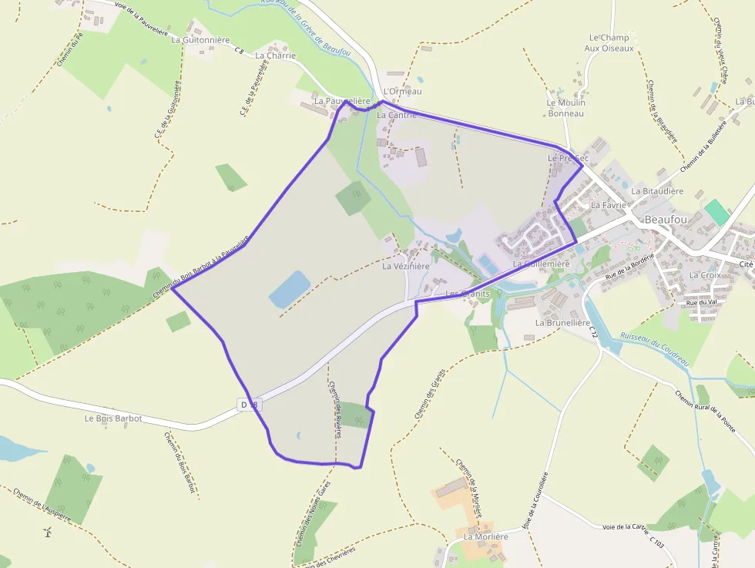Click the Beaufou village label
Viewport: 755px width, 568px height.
[x=666, y=220]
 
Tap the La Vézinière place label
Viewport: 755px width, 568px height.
[x=406, y=267]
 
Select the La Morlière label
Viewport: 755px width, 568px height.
[x=485, y=536]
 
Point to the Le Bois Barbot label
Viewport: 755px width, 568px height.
[x=113, y=418]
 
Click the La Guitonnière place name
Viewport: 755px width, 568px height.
[x=200, y=39]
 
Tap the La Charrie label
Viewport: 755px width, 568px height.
[x=275, y=55]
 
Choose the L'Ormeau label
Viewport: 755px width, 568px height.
[x=402, y=92]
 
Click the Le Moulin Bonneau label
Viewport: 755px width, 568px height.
[x=566, y=108]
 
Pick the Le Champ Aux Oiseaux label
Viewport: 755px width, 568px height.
[x=609, y=42]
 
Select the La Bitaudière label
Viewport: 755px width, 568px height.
[x=657, y=190]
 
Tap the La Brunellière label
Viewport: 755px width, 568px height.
[x=562, y=323]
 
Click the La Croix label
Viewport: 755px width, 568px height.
[x=704, y=274]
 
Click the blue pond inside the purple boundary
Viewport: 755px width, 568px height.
[x=289, y=289]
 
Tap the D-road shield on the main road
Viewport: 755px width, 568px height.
[x=250, y=404]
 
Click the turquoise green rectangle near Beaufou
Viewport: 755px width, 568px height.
[x=716, y=212]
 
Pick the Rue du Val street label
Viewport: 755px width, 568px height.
[x=701, y=302]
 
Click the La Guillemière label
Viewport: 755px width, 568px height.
[x=541, y=264]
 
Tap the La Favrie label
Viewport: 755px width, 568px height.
[x=608, y=206]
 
